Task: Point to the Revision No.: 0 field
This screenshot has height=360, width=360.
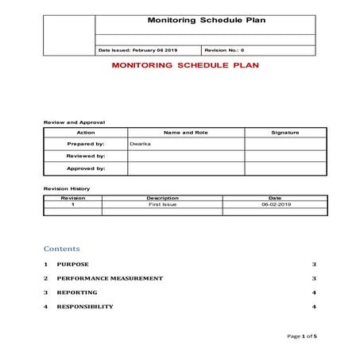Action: [x=214, y=50]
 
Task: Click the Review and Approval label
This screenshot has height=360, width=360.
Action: [x=74, y=122]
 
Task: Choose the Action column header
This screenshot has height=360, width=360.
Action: [x=86, y=132]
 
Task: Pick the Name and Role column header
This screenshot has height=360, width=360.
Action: [x=185, y=132]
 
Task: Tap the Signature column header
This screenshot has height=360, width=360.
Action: [x=285, y=132]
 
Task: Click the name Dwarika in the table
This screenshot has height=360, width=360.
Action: [x=141, y=144]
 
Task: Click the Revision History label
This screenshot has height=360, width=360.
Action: [x=67, y=188]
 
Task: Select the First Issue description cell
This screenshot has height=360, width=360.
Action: [x=162, y=204]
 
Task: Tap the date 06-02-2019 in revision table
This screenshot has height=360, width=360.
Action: [x=275, y=204]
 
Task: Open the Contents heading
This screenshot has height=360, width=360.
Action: [x=62, y=249]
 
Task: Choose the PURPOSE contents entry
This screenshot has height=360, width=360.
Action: [x=73, y=264]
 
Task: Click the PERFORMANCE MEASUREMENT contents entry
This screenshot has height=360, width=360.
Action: [x=110, y=278]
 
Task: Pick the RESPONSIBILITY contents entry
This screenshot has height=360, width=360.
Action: [x=85, y=307]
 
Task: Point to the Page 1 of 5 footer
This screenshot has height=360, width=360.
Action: [x=303, y=337]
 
